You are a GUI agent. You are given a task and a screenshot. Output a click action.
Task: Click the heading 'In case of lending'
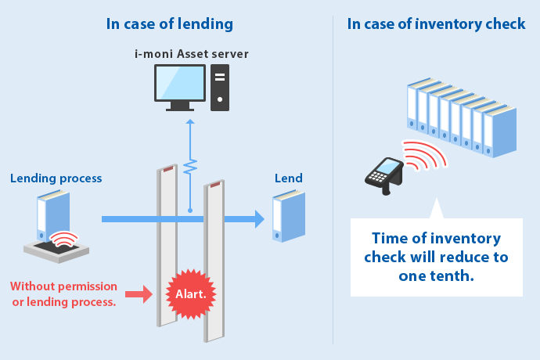click(170, 23)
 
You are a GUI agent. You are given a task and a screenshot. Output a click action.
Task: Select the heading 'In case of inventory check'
click(436, 23)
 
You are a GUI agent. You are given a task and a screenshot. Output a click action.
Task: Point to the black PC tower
click(220, 87)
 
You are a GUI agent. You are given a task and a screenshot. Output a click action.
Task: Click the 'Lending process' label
click(56, 178)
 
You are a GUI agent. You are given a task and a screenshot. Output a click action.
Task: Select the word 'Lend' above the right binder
click(288, 178)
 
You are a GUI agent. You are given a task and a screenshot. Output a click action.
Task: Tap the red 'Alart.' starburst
click(192, 294)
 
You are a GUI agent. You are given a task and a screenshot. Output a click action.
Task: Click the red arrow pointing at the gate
click(139, 294)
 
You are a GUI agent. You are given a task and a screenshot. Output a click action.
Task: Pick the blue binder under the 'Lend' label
click(288, 217)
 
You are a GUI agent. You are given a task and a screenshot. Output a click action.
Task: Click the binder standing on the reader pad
click(53, 213)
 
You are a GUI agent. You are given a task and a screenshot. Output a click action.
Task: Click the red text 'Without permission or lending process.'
click(64, 294)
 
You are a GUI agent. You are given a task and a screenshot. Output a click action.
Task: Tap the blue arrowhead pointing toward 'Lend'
click(257, 219)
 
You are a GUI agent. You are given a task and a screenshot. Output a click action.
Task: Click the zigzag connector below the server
click(190, 167)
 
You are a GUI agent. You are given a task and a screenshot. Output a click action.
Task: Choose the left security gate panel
click(166, 243)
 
